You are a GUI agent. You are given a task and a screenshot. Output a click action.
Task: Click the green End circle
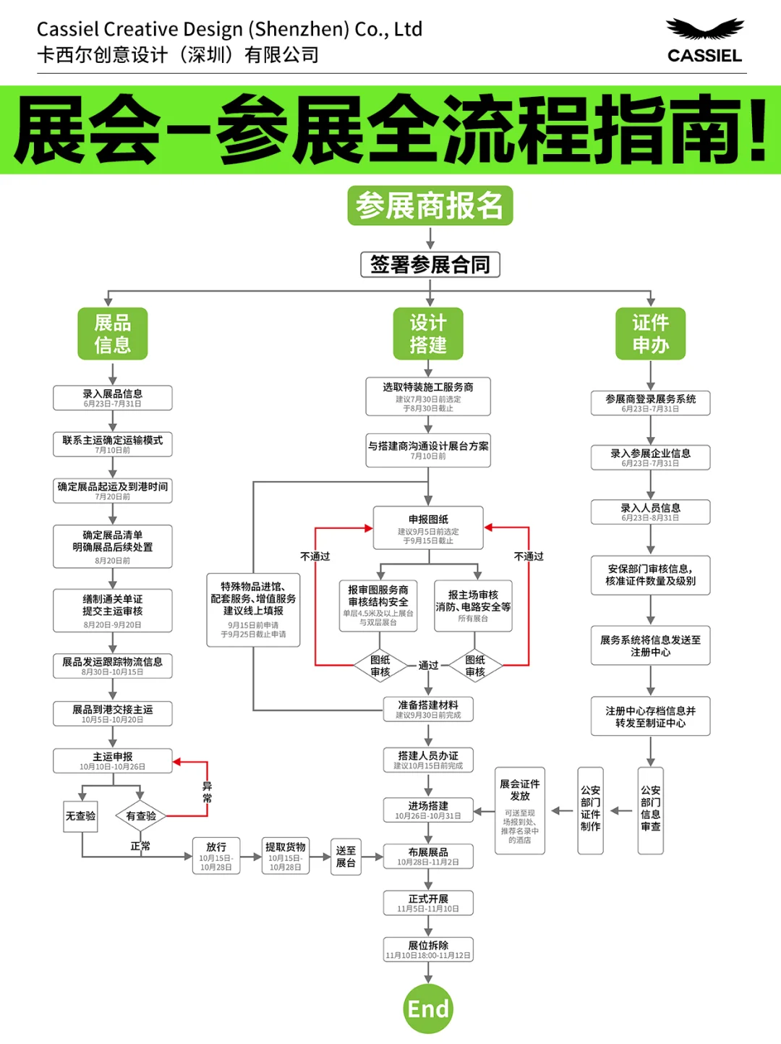pos(428,1008)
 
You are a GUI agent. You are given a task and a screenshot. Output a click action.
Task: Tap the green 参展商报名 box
pos(430,205)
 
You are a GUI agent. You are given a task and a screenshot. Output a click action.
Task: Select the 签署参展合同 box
pos(430,264)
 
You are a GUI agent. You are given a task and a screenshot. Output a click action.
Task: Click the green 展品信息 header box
pos(113,334)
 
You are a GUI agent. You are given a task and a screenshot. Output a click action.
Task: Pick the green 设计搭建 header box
pos(428,334)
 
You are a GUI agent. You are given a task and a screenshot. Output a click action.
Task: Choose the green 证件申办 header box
pos(650,334)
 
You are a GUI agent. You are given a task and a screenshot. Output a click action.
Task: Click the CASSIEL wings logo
pos(704,30)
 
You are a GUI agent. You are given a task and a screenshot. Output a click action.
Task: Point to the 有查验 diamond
pos(141,816)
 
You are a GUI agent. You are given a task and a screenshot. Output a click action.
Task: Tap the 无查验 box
pos(80,816)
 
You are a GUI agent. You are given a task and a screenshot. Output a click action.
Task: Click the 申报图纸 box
pos(428,528)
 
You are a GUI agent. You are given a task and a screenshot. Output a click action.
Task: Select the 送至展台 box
pos(346,857)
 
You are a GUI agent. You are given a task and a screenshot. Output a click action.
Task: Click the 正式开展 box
pos(428,903)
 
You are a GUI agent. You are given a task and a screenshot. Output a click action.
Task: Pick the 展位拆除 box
pos(428,949)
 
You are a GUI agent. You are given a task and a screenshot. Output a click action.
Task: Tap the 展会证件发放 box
pos(520,810)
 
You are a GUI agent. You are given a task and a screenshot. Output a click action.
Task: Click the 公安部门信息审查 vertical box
pos(650,810)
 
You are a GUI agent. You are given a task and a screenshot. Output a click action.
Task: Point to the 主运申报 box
pos(113,761)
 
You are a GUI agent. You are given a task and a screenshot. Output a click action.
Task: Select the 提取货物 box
pos(286,857)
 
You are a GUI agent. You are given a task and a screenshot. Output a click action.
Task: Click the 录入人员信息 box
pos(650,512)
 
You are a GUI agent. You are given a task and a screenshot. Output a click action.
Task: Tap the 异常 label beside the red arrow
pos(208,792)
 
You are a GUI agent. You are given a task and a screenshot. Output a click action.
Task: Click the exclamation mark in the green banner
pos(758,130)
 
